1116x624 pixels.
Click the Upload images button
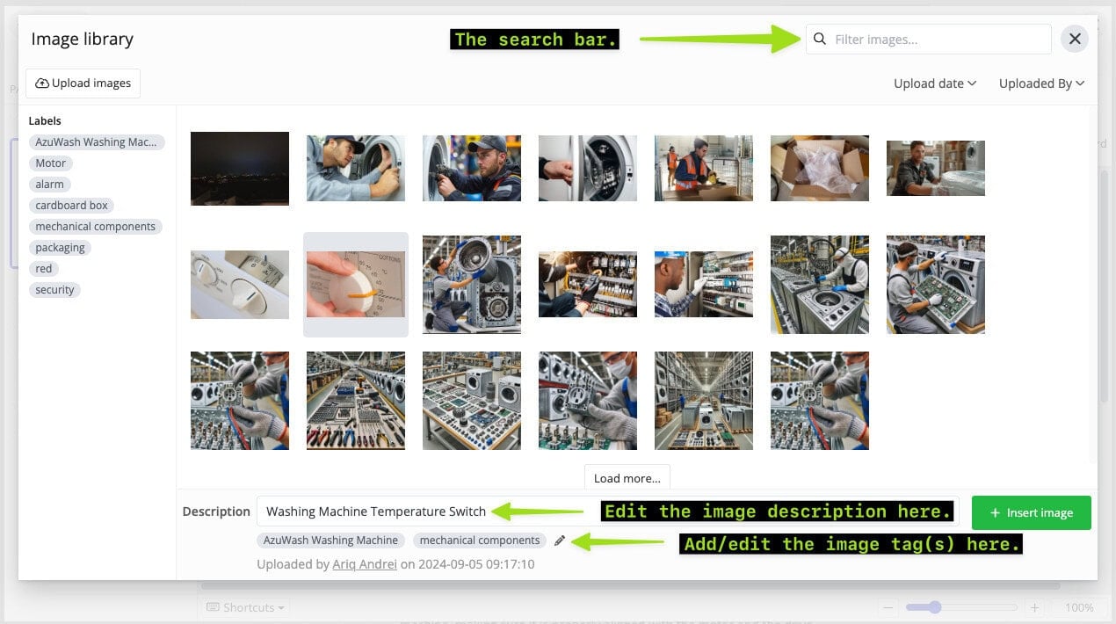[83, 83]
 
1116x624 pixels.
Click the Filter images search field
[929, 40]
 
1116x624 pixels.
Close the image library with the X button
[1075, 39]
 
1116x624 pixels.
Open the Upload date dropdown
[935, 83]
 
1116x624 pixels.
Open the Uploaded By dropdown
[1041, 83]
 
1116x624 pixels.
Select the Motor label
[50, 163]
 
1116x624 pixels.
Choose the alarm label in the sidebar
[49, 185]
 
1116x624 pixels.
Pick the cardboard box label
[71, 206]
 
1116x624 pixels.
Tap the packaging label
[60, 248]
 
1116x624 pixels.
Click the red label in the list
[43, 269]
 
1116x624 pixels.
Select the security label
[54, 289]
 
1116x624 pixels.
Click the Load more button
[627, 478]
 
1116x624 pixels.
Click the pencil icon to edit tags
[560, 541]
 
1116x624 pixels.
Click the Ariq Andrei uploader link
[365, 564]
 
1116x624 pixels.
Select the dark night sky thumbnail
[240, 169]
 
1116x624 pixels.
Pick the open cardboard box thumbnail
[820, 169]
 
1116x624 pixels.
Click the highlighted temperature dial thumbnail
[356, 285]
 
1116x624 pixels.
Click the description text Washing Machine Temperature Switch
[375, 512]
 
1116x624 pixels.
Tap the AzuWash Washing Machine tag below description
[330, 541]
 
